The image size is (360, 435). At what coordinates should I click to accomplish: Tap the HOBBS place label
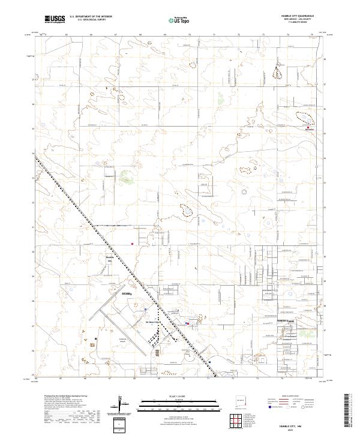126,294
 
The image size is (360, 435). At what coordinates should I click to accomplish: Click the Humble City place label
110,259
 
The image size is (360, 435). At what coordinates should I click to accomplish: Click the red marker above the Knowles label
308,128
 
